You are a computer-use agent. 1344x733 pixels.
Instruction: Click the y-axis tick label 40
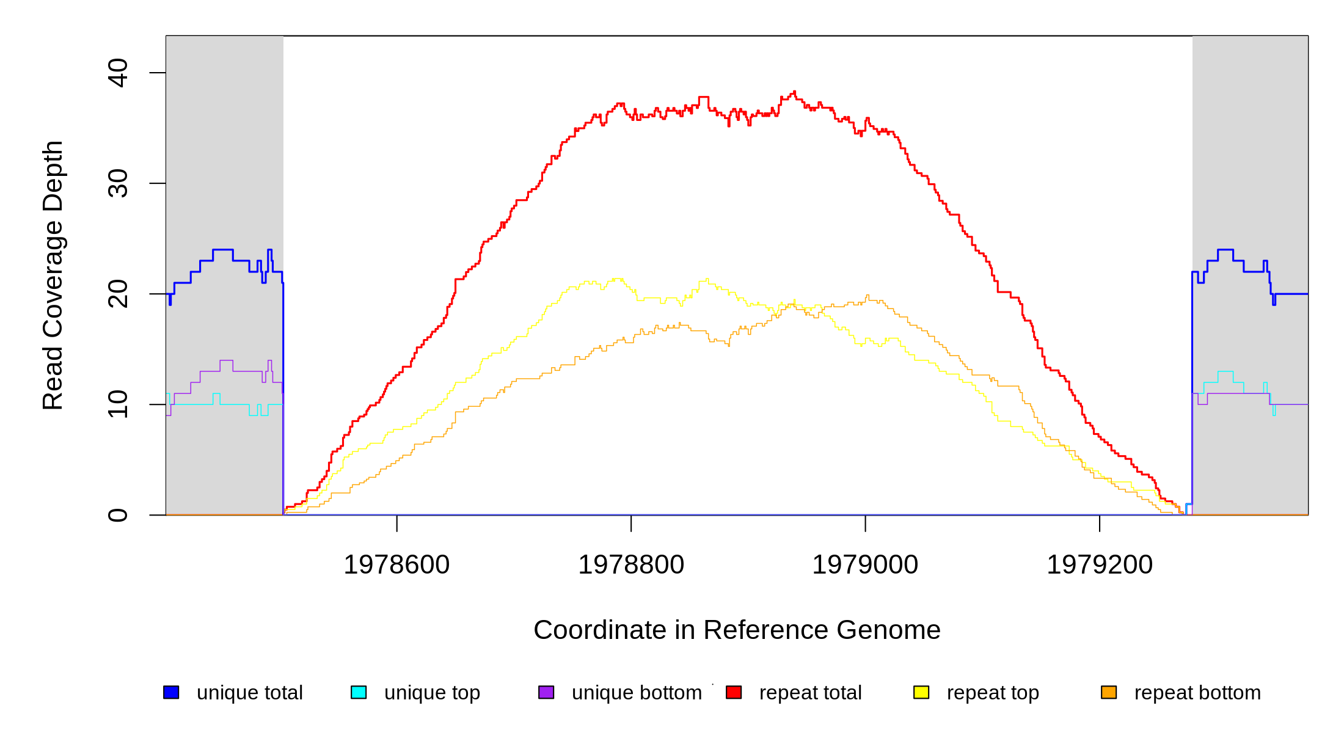coord(118,73)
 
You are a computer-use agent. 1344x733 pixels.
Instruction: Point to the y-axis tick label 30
coord(118,183)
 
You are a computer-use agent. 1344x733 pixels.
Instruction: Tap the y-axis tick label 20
coord(118,294)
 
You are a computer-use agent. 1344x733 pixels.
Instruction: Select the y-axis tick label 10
coord(118,404)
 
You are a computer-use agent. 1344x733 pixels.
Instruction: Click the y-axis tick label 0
coord(118,515)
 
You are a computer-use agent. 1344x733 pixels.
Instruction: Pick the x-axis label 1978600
coord(396,564)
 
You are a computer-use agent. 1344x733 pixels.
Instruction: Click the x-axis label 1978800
coord(631,564)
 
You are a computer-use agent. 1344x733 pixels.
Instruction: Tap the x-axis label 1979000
coord(865,564)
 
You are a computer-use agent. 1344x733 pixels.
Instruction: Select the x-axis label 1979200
coord(1100,564)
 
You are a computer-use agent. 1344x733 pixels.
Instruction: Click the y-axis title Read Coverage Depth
coord(53,275)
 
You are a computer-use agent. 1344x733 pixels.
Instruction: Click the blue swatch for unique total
coord(171,692)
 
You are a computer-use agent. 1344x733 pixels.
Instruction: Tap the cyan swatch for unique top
coord(359,692)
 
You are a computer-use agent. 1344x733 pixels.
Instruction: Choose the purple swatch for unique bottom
coord(546,692)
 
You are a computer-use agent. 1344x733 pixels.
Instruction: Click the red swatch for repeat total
coord(734,692)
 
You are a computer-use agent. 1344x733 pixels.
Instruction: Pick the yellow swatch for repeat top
coord(921,692)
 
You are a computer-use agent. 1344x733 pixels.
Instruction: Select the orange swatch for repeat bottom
coord(1109,692)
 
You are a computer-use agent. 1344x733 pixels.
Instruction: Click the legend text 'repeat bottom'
coord(1197,693)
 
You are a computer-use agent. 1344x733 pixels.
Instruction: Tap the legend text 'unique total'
coord(249,693)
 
